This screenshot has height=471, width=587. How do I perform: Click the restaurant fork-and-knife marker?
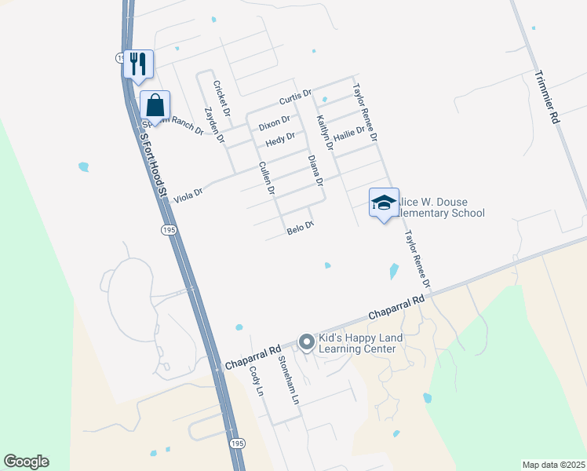pyautogui.click(x=139, y=64)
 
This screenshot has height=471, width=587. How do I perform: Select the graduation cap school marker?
pyautogui.click(x=384, y=203)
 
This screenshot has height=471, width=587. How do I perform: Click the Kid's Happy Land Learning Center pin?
pyautogui.click(x=305, y=341)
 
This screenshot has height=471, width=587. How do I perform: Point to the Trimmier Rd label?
pyautogui.click(x=546, y=97)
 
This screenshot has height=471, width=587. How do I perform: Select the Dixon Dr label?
pyautogui.click(x=274, y=123)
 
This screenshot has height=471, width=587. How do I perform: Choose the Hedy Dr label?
pyautogui.click(x=280, y=140)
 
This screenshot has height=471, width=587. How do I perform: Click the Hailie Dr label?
pyautogui.click(x=349, y=135)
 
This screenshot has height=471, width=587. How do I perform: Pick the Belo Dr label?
pyautogui.click(x=300, y=228)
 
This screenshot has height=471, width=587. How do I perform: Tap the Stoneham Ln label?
pyautogui.click(x=289, y=379)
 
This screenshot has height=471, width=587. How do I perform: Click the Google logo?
pyautogui.click(x=26, y=462)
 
